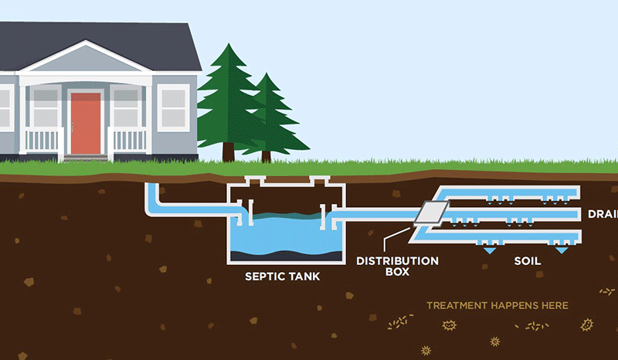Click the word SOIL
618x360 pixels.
[528, 261]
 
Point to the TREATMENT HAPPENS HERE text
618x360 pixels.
[497, 305]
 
